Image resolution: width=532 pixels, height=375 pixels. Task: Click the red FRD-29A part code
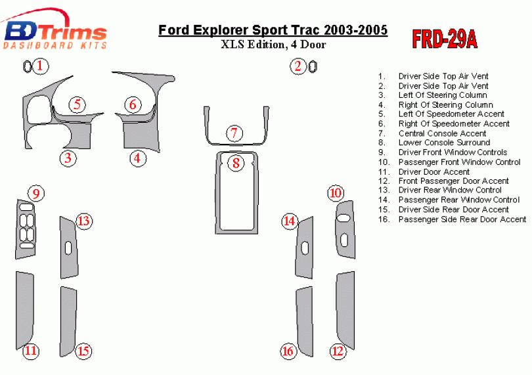pyautogui.click(x=445, y=39)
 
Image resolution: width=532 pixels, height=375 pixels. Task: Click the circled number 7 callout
pyautogui.click(x=234, y=133)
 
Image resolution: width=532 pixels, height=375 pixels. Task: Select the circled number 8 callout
pyautogui.click(x=236, y=163)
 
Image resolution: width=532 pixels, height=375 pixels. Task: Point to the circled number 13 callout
pyautogui.click(x=83, y=221)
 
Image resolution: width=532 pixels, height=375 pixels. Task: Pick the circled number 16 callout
pyautogui.click(x=288, y=351)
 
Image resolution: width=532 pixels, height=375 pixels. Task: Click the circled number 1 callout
pyautogui.click(x=40, y=66)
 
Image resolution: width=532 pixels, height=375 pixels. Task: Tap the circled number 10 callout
pyautogui.click(x=336, y=193)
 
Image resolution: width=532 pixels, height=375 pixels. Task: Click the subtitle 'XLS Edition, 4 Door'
pyautogui.click(x=273, y=45)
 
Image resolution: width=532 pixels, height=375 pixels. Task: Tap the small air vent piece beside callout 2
pyautogui.click(x=313, y=66)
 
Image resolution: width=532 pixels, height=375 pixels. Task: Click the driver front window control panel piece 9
pyautogui.click(x=26, y=229)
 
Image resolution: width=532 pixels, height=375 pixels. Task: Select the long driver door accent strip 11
pyautogui.click(x=25, y=310)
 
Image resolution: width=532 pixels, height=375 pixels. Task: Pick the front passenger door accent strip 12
pyautogui.click(x=345, y=310)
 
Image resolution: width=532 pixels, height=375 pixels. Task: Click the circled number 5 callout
pyautogui.click(x=78, y=104)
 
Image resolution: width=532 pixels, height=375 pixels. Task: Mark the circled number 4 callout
pyautogui.click(x=137, y=158)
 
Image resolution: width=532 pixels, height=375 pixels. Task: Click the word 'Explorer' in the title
pyautogui.click(x=221, y=30)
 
